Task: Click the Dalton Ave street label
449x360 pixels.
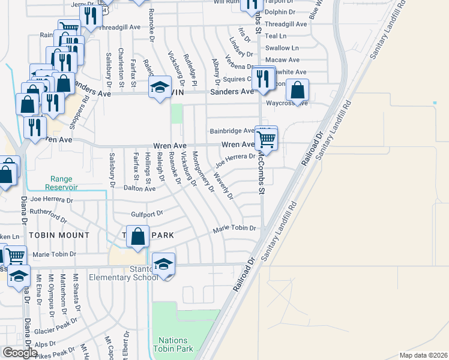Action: click(x=139, y=188)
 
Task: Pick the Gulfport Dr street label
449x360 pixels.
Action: click(x=146, y=214)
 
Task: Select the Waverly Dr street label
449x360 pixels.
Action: click(x=223, y=187)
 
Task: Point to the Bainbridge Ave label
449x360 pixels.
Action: click(x=232, y=131)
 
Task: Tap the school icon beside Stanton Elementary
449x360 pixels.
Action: click(x=163, y=265)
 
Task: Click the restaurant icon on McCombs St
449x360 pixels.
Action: click(x=262, y=78)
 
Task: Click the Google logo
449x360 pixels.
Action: click(x=20, y=353)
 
